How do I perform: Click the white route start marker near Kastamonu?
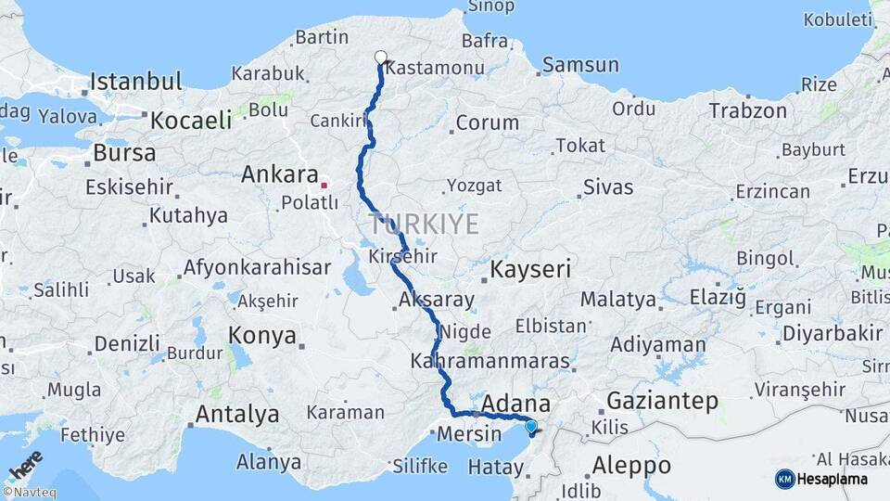coord(381,58)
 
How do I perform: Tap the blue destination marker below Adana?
coord(530,427)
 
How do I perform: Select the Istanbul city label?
coord(135,81)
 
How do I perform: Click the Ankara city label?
coord(279,173)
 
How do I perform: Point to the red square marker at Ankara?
coord(324,185)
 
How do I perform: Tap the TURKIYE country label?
coord(424,224)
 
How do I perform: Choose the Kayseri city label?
coord(529,270)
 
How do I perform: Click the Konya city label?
coord(262,335)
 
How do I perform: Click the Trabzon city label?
coord(748,110)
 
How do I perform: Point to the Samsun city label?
coord(580,65)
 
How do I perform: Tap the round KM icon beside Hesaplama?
coord(784,479)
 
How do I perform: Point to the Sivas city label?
coord(608,187)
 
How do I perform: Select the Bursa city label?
coord(125,151)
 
